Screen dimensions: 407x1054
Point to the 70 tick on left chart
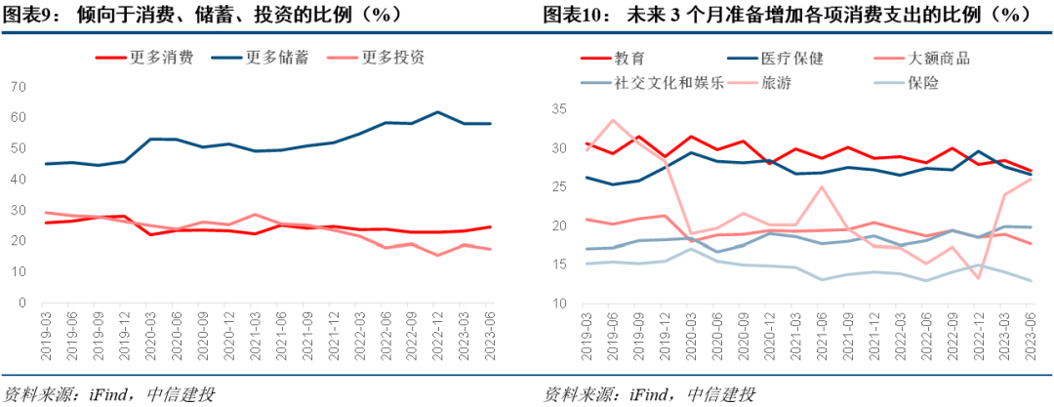18,87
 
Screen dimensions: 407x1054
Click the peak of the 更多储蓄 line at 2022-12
437,112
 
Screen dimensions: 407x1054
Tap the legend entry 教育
630,59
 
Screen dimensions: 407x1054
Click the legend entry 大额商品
938,59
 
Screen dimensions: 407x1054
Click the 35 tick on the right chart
558,109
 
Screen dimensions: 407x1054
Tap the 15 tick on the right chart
558,265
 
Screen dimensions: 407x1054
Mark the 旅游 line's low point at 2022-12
978,278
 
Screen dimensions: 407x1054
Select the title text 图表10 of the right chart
573,15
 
